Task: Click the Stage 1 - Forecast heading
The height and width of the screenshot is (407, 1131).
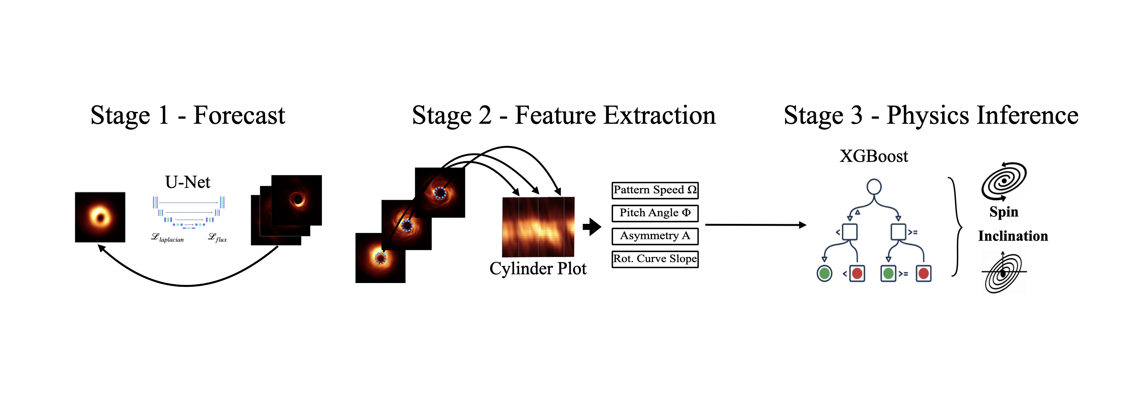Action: (187, 115)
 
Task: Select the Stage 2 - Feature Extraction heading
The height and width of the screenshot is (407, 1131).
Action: (564, 115)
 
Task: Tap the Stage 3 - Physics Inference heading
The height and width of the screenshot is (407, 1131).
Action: (931, 115)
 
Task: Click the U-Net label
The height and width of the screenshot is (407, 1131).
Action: (187, 182)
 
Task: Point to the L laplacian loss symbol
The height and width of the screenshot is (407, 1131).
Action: (167, 237)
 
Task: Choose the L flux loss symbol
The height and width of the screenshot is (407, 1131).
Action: (217, 237)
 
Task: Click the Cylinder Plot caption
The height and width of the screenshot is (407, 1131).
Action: (538, 269)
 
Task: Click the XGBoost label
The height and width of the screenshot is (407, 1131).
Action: (874, 156)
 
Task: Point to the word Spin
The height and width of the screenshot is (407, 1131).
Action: (1004, 212)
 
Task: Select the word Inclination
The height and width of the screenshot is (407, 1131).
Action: (1013, 236)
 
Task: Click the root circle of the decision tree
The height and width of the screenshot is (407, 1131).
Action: (874, 187)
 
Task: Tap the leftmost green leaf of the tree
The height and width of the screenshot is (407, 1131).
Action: (824, 274)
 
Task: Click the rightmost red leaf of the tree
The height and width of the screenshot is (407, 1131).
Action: (923, 274)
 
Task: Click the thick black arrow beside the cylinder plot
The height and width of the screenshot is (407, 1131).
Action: (592, 227)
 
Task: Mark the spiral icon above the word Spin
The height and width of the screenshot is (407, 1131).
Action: (1004, 181)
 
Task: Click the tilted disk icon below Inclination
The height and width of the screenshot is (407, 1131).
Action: (1004, 272)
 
